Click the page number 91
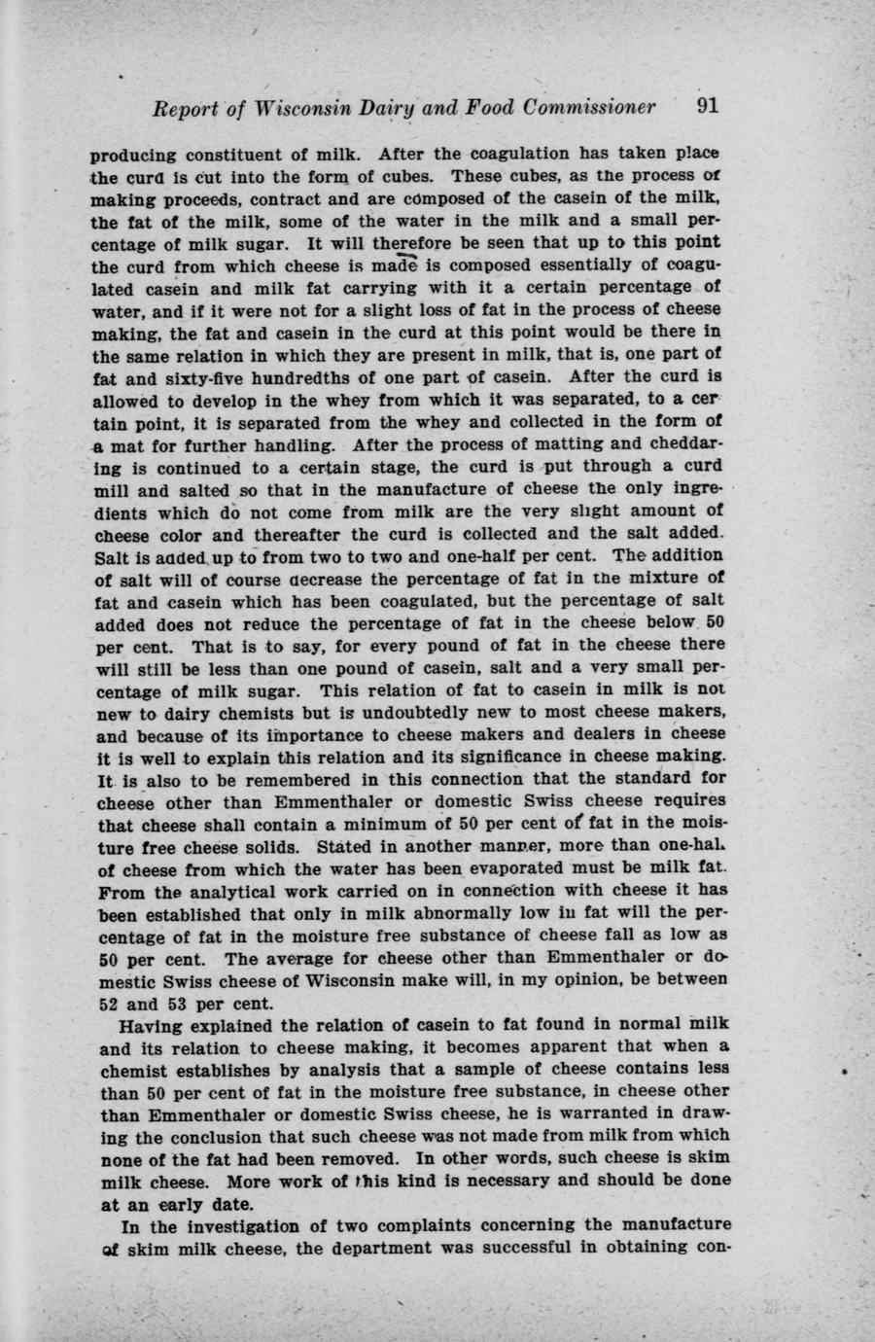[x=707, y=106]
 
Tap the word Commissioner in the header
[x=589, y=107]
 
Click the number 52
[x=109, y=1003]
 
